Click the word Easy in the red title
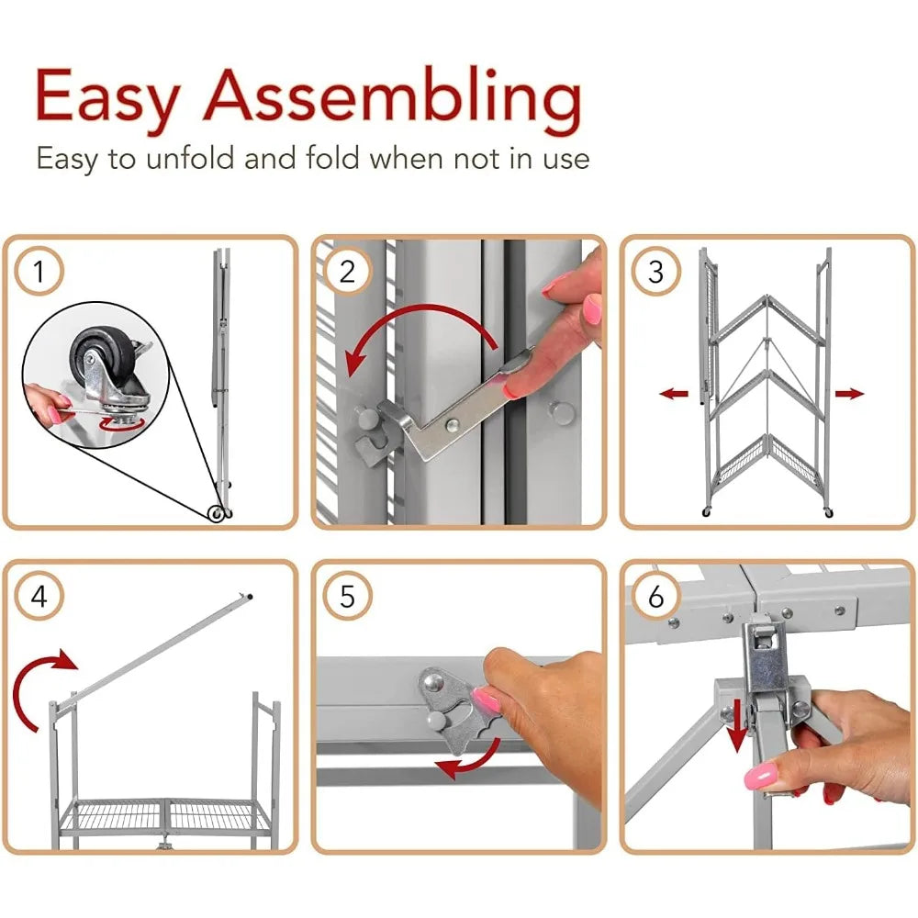(x=107, y=96)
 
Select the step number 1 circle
(x=39, y=272)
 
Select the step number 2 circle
(x=347, y=272)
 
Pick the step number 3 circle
(x=655, y=272)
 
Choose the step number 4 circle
(x=39, y=597)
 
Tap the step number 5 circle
(x=347, y=597)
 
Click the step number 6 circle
(x=655, y=597)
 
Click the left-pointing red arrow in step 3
(x=675, y=394)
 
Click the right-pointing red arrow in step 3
(x=850, y=394)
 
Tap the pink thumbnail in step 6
(x=761, y=778)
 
